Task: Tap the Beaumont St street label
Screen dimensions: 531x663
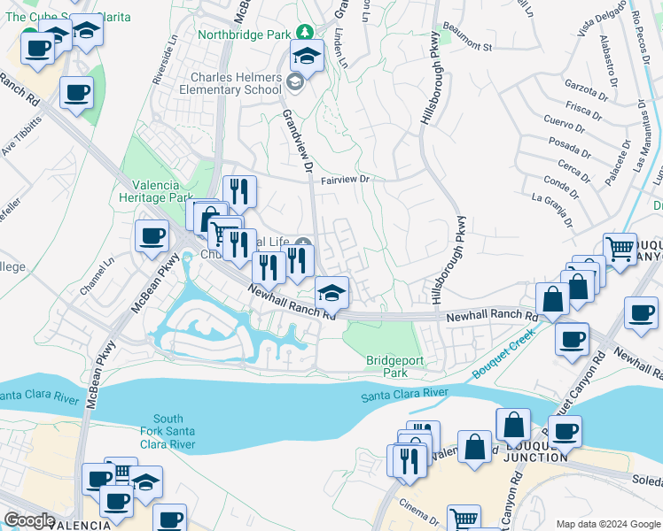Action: (467, 44)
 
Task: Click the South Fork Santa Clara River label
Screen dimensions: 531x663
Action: (168, 431)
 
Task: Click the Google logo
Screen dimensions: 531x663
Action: (29, 519)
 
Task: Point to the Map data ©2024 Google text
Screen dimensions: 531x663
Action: (607, 524)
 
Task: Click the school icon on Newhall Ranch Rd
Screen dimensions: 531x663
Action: (332, 291)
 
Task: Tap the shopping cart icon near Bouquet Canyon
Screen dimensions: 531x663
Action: (620, 248)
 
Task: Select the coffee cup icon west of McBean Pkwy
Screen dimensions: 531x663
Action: (152, 235)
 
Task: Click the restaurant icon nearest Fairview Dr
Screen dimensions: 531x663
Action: (240, 190)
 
